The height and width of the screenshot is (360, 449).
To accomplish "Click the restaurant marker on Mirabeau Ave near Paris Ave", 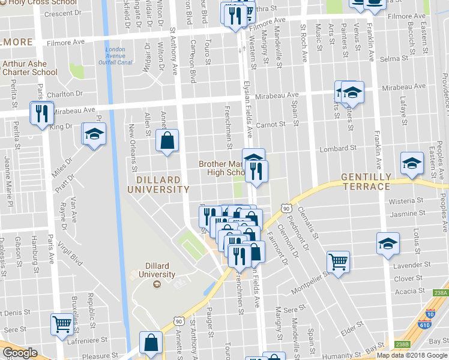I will click(x=41, y=113).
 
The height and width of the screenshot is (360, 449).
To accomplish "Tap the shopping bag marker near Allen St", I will click(x=167, y=141).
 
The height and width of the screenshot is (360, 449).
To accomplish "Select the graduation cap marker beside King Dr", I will click(x=94, y=134).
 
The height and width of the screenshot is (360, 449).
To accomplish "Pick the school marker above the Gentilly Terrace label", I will click(x=412, y=163).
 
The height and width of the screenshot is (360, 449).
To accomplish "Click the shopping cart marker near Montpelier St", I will click(x=339, y=262).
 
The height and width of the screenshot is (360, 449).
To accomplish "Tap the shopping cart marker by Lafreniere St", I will click(x=62, y=325).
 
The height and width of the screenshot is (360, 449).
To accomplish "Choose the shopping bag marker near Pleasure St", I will click(x=151, y=343).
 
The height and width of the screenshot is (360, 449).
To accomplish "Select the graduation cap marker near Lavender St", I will click(x=388, y=244).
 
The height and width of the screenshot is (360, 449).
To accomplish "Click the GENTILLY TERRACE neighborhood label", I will click(x=366, y=181).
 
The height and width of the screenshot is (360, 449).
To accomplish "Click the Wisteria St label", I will click(x=406, y=202).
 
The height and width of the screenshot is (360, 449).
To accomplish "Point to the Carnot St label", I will click(x=270, y=124).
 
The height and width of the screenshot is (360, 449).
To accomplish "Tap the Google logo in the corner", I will click(x=20, y=353).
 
